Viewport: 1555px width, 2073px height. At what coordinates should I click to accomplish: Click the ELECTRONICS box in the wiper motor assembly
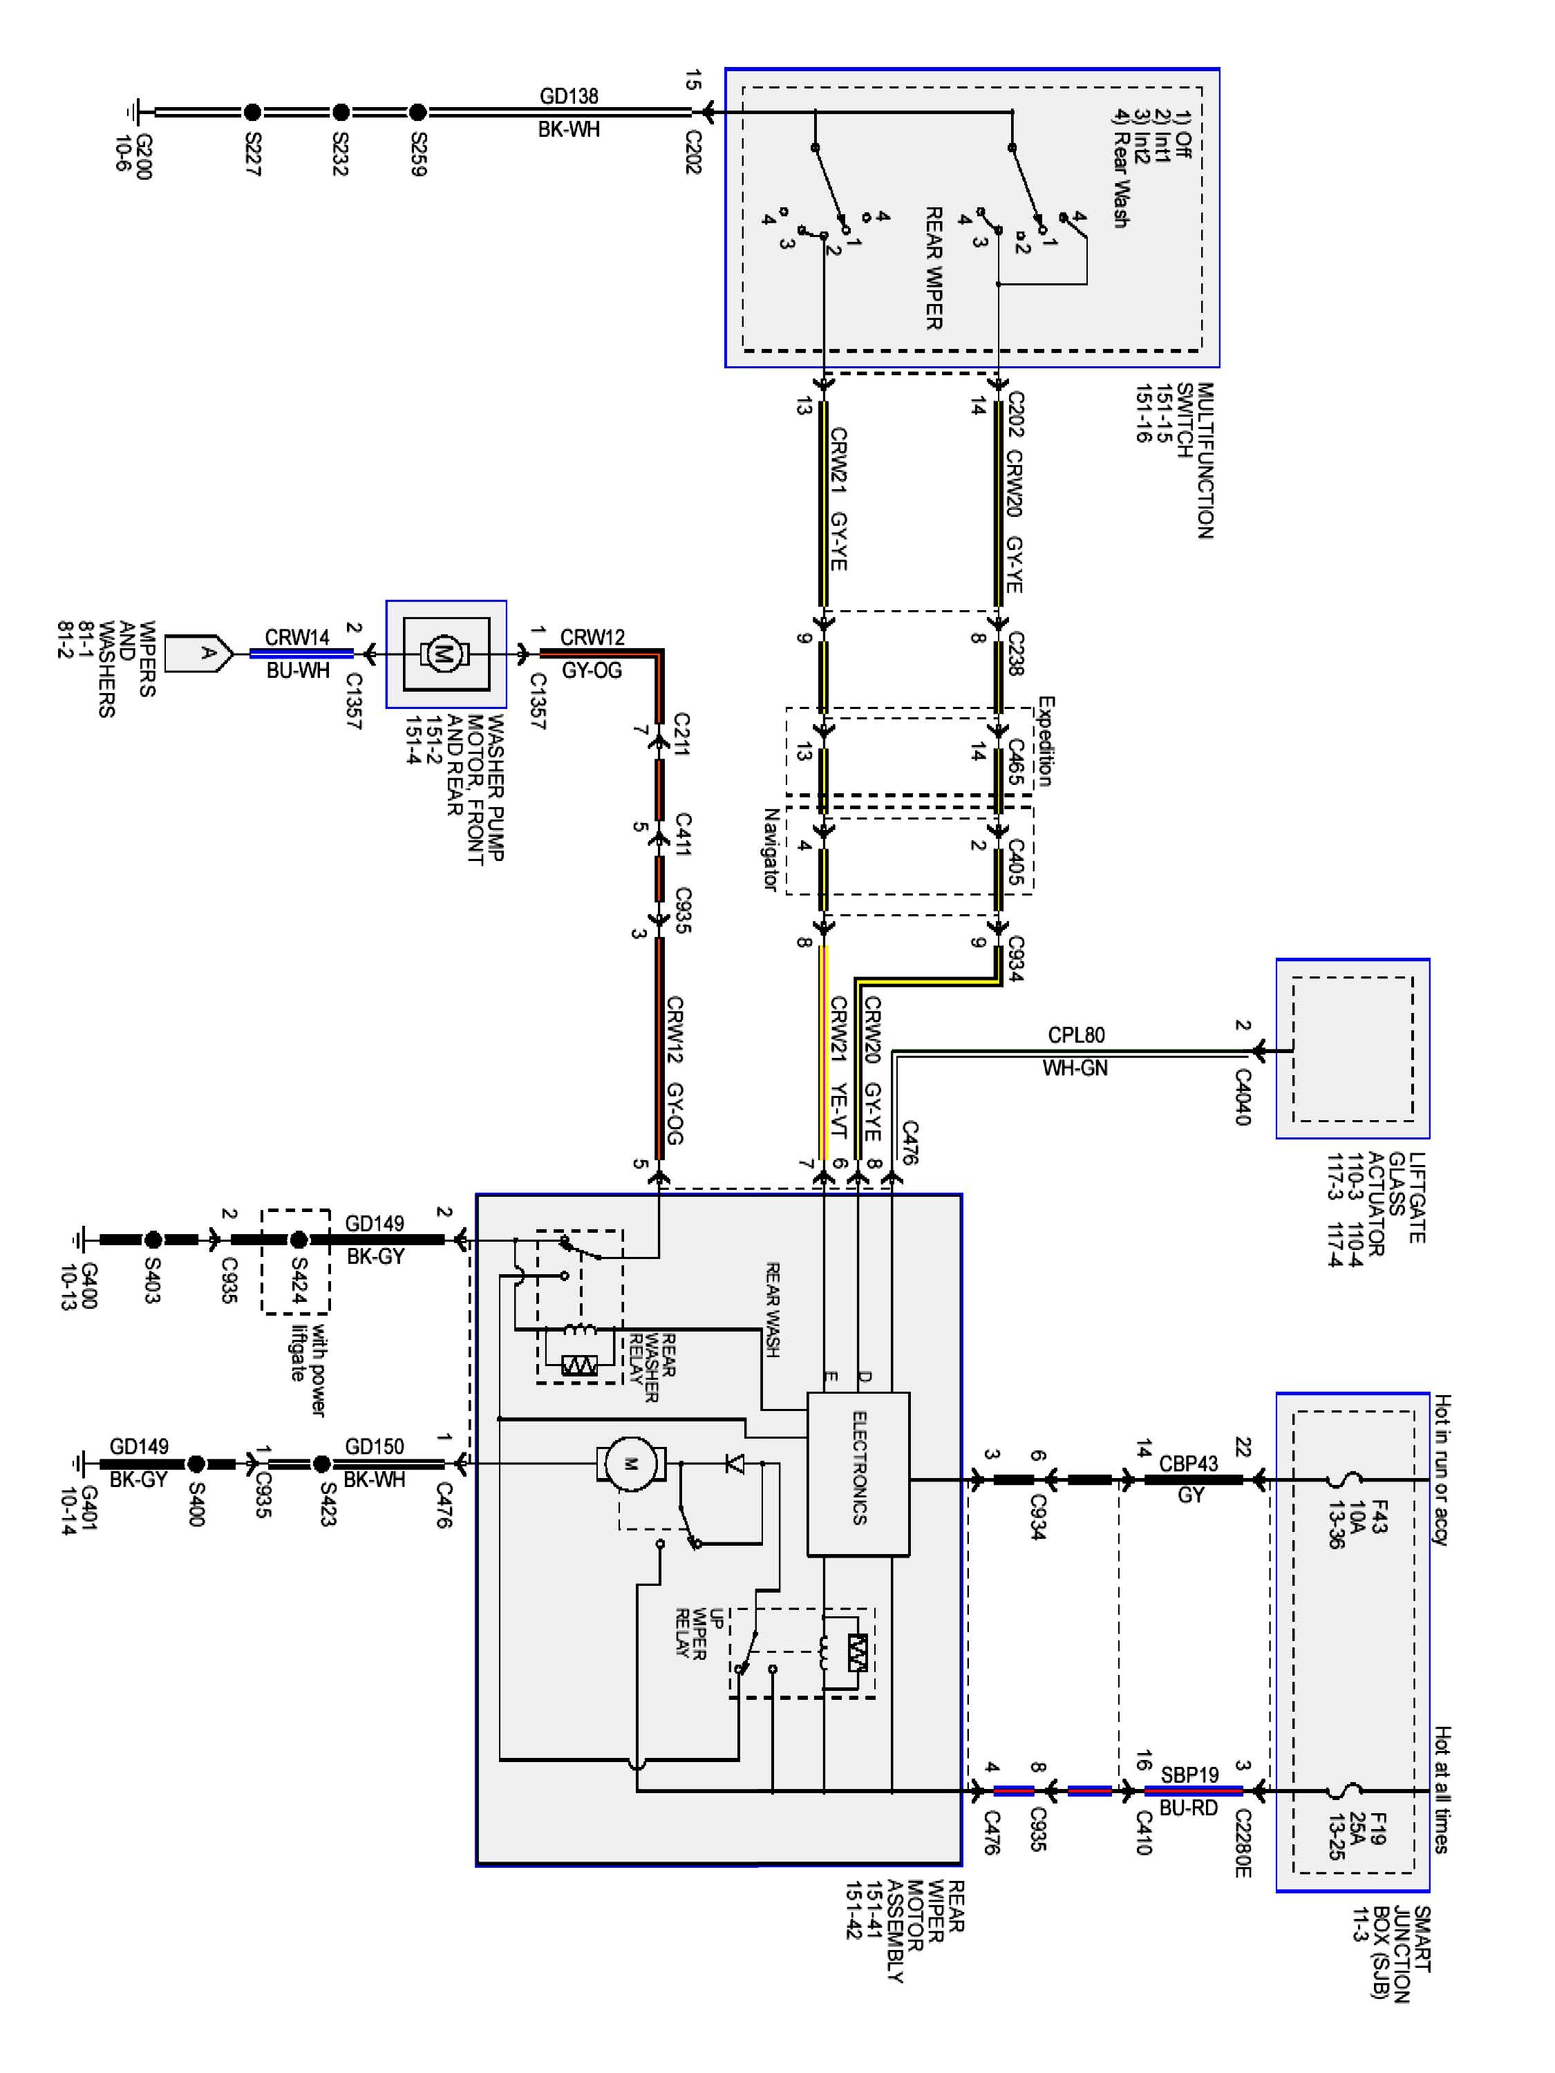click(x=858, y=1474)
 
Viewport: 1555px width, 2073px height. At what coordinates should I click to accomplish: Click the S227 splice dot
click(x=252, y=113)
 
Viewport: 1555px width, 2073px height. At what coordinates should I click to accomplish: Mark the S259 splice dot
click(x=418, y=113)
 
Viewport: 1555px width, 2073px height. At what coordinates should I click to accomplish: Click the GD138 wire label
click(x=569, y=95)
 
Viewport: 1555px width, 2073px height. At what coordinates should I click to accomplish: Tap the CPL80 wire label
click(x=1076, y=1034)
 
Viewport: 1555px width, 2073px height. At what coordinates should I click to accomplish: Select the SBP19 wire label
click(x=1189, y=1774)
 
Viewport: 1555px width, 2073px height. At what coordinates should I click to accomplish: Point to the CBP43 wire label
click(x=1189, y=1463)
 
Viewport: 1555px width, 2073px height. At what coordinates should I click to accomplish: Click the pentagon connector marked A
click(x=199, y=653)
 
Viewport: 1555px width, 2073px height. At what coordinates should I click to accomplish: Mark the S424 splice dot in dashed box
click(x=298, y=1240)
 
